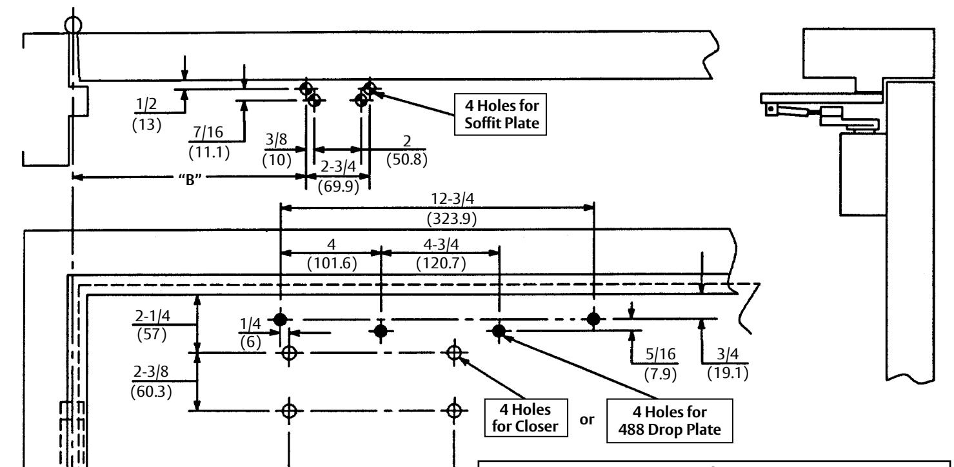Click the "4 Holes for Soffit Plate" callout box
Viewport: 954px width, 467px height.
click(x=501, y=115)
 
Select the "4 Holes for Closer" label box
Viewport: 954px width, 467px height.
click(x=526, y=417)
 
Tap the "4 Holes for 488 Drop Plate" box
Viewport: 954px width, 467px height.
click(x=670, y=421)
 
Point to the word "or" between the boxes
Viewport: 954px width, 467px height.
click(x=587, y=420)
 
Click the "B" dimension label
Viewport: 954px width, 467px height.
click(x=190, y=179)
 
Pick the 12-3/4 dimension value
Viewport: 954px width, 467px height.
click(x=452, y=199)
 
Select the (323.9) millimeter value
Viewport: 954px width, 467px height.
click(x=452, y=219)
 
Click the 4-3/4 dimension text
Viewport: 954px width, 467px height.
click(x=441, y=244)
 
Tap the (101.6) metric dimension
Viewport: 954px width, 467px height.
click(x=332, y=264)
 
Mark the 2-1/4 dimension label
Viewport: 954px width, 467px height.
click(x=152, y=316)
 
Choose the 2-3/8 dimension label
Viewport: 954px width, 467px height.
click(x=151, y=372)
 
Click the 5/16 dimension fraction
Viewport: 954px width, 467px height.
click(x=660, y=354)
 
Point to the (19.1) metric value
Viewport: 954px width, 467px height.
click(x=728, y=373)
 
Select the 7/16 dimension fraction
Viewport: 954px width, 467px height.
click(x=208, y=132)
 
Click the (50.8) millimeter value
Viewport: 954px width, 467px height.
click(x=407, y=159)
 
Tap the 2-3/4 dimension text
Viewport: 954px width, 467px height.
click(x=338, y=166)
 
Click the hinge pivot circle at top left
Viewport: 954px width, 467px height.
click(x=74, y=25)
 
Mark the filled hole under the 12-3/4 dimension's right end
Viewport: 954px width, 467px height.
click(x=593, y=319)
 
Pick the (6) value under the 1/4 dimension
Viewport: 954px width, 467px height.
click(x=250, y=343)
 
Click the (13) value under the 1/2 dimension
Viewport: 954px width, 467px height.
click(x=146, y=124)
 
